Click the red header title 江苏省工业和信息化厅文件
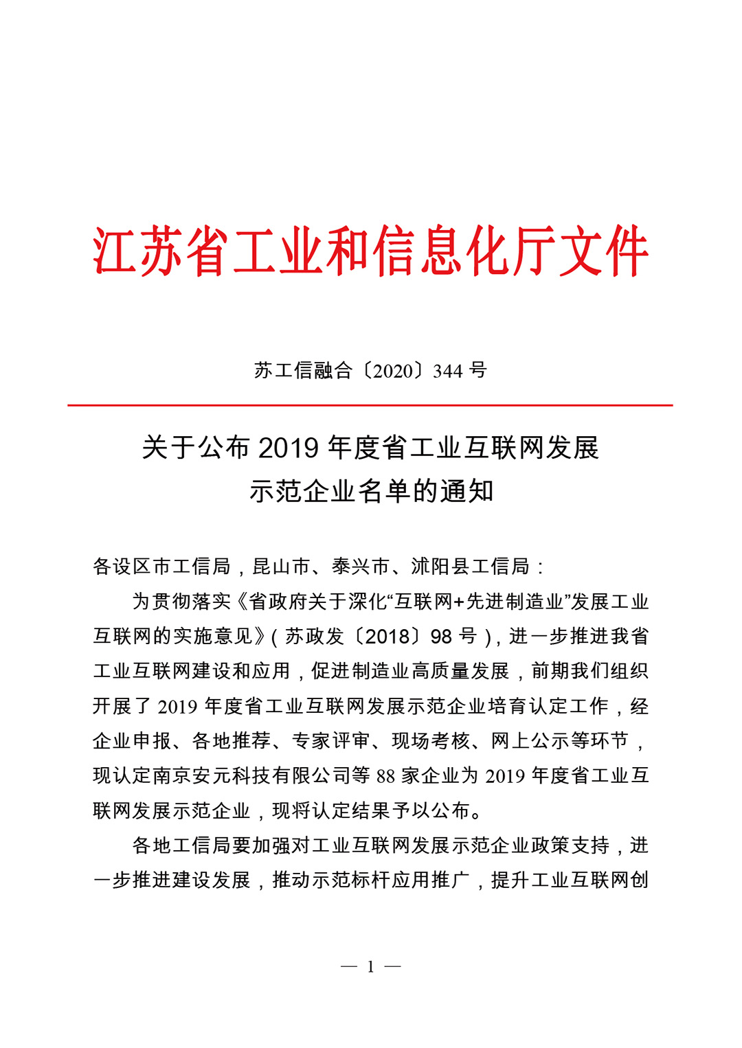371,251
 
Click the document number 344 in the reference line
447,372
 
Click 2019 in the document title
289,448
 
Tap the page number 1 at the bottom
371,967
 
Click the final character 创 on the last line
640,880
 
